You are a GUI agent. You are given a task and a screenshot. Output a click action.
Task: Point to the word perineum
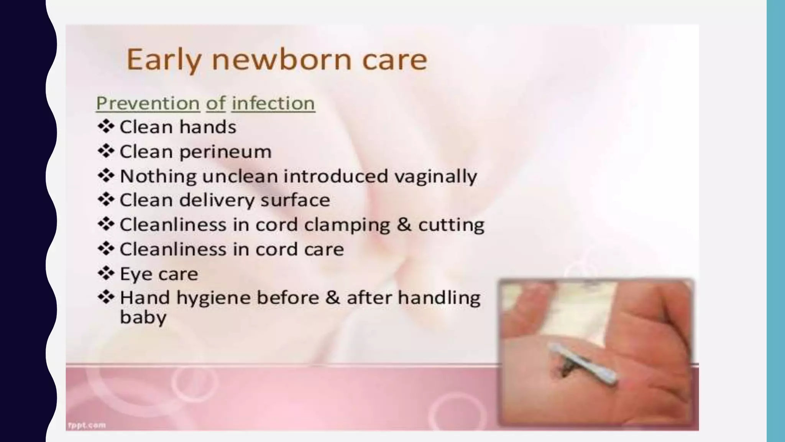coord(225,152)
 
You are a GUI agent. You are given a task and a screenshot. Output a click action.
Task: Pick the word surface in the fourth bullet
coord(295,200)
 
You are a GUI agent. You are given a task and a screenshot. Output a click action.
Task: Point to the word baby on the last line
coord(143,318)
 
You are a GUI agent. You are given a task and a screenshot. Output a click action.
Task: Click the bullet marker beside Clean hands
coord(106,127)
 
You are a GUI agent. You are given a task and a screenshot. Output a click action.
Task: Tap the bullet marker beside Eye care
coord(106,274)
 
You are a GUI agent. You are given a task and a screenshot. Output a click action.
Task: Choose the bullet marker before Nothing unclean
coord(106,176)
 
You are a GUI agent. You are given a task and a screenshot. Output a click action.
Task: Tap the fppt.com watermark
coord(87,425)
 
